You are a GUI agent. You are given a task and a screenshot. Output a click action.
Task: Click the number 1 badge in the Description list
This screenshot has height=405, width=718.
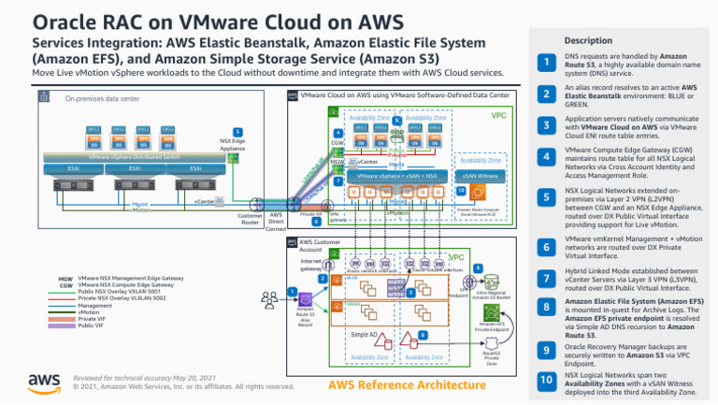[x=545, y=62]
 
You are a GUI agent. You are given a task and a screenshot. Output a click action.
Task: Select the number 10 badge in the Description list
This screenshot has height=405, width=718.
[x=545, y=381]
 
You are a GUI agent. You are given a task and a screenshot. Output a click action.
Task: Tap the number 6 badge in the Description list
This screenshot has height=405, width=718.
[x=545, y=247]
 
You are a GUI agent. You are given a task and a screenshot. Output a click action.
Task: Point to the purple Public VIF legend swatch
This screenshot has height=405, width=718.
[x=65, y=325]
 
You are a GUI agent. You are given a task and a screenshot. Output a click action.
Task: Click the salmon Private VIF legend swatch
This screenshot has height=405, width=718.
[x=65, y=318]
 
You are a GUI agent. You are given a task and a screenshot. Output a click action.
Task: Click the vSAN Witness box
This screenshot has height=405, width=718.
[x=481, y=175]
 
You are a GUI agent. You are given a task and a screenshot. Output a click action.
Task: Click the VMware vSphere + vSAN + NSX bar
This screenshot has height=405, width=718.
[x=398, y=175]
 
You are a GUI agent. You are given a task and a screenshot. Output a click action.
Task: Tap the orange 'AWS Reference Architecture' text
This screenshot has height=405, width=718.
[x=392, y=386]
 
